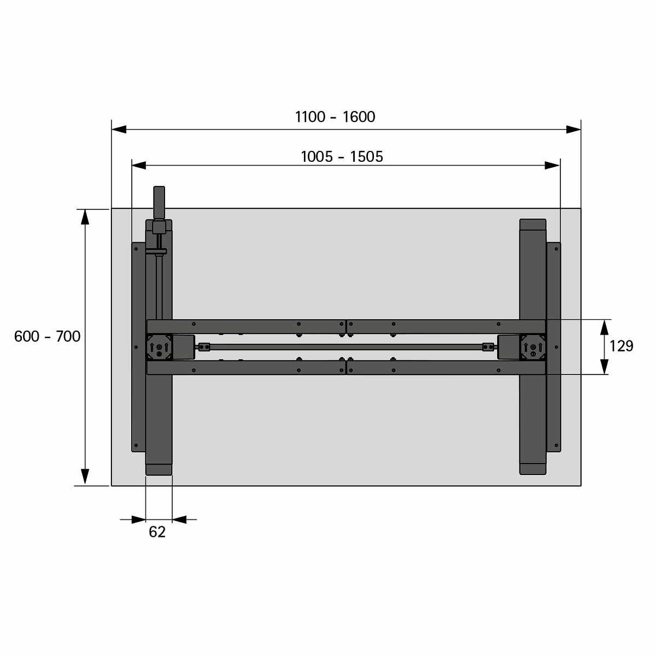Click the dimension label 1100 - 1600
335,117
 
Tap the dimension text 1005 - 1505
342,156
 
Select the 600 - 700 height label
48,336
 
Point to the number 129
621,346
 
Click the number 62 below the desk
157,532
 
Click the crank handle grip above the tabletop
159,203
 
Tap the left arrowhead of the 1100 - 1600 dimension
119,130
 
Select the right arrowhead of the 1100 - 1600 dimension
573,130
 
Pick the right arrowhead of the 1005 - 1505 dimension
552,166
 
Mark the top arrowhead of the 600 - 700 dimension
85,217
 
